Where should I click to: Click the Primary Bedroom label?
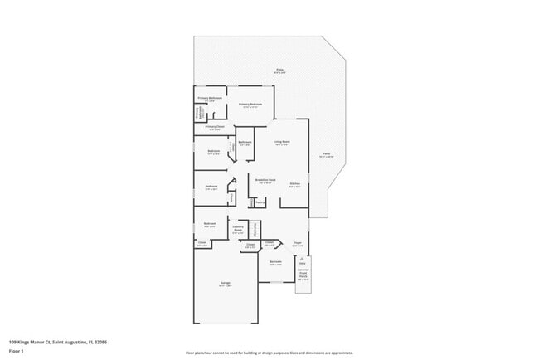point(250,105)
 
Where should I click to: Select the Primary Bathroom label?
point(211,100)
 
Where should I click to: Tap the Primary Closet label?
point(214,127)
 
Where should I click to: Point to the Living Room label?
point(282,143)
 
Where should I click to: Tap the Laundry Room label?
point(238,230)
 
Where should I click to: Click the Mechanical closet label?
point(255,230)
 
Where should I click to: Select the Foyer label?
point(297,243)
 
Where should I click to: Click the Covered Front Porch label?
point(303,274)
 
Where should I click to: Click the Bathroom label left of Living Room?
point(245,143)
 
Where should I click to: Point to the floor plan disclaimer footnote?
point(269,353)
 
